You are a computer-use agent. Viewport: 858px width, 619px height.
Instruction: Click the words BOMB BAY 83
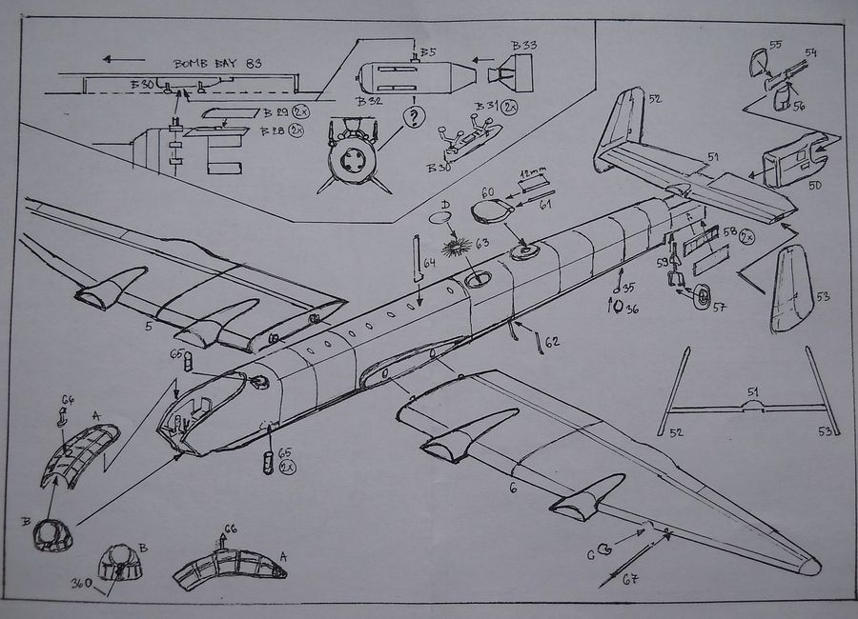point(218,64)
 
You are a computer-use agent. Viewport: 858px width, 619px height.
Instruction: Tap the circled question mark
point(414,118)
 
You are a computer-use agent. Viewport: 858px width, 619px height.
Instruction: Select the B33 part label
point(523,46)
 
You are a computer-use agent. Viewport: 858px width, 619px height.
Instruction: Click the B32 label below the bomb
point(370,101)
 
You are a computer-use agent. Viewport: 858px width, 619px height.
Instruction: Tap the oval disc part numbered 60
point(491,210)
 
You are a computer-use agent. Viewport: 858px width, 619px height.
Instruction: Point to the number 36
point(632,309)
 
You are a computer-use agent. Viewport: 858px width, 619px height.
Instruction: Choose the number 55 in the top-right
point(775,45)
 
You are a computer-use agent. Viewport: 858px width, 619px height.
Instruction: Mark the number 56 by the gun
point(798,107)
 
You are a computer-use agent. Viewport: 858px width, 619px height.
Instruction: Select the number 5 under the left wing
point(149,327)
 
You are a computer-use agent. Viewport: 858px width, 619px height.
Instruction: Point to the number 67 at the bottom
point(630,580)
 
